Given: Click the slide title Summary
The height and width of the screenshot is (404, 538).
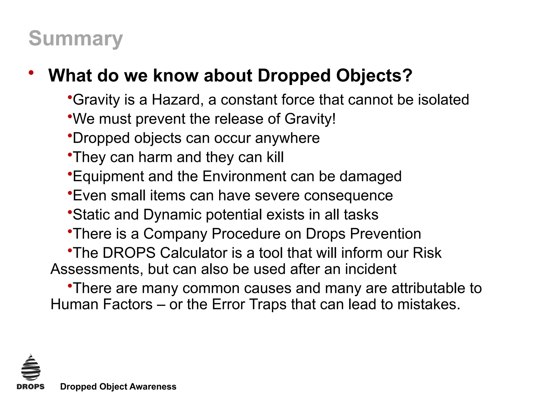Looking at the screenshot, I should [76, 39].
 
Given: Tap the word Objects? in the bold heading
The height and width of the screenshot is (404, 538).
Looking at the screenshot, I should [374, 76].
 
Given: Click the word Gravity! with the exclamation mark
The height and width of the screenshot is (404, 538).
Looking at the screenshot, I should [310, 119].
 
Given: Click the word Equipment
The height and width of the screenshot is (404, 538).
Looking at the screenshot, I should [108, 177].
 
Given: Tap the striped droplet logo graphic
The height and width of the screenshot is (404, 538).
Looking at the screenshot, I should [31, 368].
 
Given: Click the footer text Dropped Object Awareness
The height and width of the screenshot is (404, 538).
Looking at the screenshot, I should [118, 387].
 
